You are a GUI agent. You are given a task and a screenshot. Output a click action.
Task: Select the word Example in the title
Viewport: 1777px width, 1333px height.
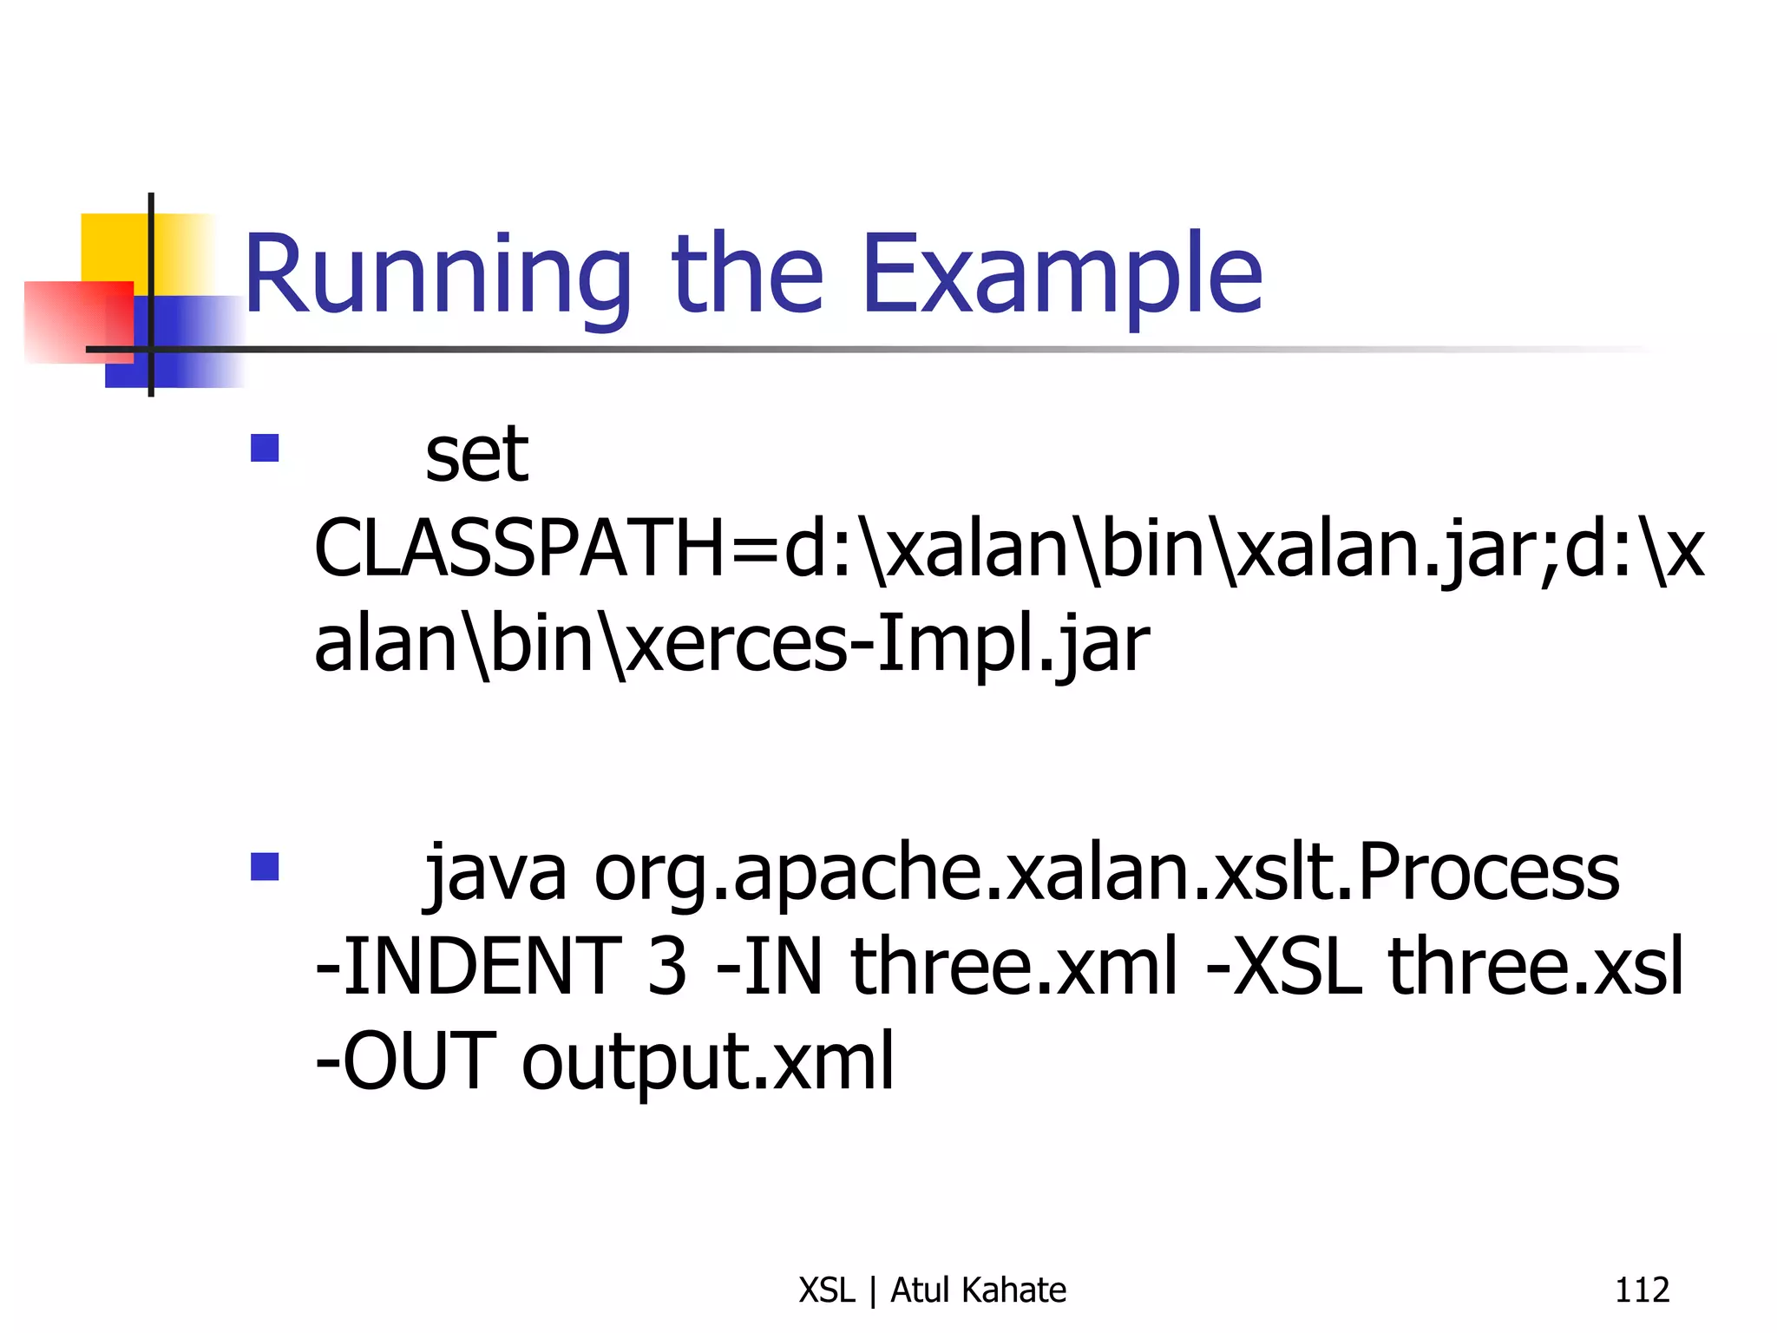pyautogui.click(x=1061, y=276)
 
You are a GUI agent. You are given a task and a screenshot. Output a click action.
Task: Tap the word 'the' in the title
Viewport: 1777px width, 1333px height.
pyautogui.click(x=747, y=276)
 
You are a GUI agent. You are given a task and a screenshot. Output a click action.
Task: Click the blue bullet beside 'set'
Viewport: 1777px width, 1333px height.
pyautogui.click(x=265, y=448)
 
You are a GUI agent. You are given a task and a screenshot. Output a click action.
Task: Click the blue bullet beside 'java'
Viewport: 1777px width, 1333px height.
pyautogui.click(x=265, y=866)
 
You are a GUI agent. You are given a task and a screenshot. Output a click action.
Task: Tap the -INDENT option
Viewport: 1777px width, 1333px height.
pyautogui.click(x=469, y=967)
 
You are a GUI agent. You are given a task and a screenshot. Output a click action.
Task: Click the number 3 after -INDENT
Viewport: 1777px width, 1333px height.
pyautogui.click(x=666, y=967)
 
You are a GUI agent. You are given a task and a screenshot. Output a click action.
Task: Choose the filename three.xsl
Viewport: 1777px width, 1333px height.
pyautogui.click(x=1535, y=967)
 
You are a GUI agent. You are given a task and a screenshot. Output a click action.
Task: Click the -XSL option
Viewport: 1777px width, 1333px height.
pyautogui.click(x=1284, y=967)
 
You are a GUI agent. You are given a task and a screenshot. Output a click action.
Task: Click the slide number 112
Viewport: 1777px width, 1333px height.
pyautogui.click(x=1642, y=1290)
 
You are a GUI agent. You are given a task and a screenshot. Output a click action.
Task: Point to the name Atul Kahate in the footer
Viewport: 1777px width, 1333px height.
pyautogui.click(x=978, y=1290)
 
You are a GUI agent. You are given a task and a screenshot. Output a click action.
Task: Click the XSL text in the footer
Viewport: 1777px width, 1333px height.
pyautogui.click(x=826, y=1290)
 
